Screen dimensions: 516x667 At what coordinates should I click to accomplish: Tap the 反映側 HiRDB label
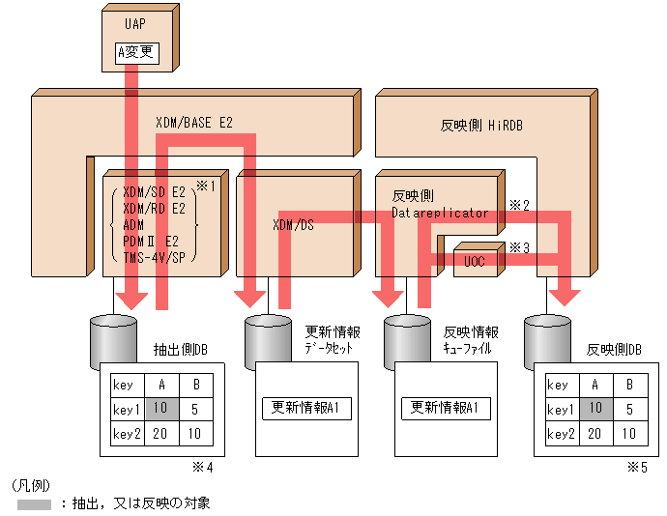(x=480, y=125)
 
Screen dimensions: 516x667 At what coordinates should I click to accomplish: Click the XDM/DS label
(x=294, y=224)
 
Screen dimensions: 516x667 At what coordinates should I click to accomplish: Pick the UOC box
(x=474, y=262)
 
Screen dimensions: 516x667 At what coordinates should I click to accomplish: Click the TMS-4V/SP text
(x=155, y=256)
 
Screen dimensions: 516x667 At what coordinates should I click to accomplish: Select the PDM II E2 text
(x=152, y=240)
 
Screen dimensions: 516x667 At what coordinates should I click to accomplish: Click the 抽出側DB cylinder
(x=114, y=338)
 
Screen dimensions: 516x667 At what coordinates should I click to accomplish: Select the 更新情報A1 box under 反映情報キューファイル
(x=446, y=408)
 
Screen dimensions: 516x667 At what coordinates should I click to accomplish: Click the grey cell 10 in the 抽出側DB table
(x=159, y=409)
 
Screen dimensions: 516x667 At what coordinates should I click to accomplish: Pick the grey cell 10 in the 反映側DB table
(x=596, y=409)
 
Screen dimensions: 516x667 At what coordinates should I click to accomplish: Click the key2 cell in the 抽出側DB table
(x=127, y=434)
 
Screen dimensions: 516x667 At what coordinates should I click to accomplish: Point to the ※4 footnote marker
(x=202, y=467)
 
